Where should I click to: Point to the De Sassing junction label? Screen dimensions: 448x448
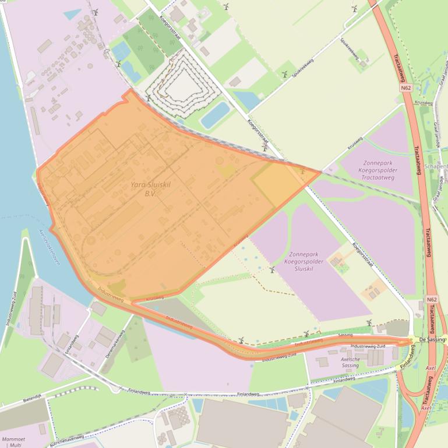tap(431, 339)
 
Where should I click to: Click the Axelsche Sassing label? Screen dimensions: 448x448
tap(350, 362)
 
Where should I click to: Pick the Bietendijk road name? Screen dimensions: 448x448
tap(30, 398)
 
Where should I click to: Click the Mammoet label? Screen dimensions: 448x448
tap(13, 438)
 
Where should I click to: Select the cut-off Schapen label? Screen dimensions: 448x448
tap(436, 166)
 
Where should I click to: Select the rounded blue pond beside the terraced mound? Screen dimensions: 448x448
tap(214, 115)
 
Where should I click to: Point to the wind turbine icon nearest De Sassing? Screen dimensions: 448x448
tap(368, 323)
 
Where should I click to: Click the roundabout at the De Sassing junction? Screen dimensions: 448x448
tap(411, 340)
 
